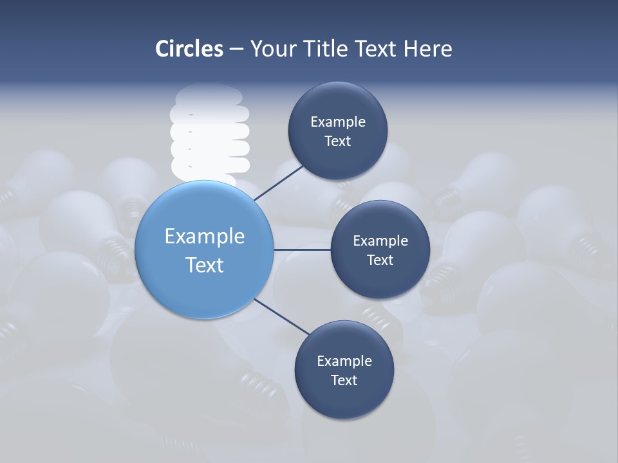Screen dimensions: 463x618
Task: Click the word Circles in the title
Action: (x=189, y=49)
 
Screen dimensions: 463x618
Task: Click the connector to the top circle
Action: (x=279, y=182)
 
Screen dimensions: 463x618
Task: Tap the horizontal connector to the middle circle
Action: (x=302, y=250)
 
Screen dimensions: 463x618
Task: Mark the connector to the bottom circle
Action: (x=282, y=317)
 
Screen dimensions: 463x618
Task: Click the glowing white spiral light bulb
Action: (x=209, y=132)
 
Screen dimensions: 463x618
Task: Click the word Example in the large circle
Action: (x=205, y=236)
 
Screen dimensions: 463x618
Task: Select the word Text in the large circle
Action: (x=205, y=265)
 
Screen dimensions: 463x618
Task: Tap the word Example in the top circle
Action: (x=338, y=122)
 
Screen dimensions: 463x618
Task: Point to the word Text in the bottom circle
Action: (x=344, y=380)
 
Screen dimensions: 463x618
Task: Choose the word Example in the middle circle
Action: (x=380, y=241)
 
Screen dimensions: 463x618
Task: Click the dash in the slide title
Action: (x=236, y=49)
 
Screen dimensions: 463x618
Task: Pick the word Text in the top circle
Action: (x=337, y=141)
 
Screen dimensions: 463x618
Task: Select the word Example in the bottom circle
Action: (x=344, y=361)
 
